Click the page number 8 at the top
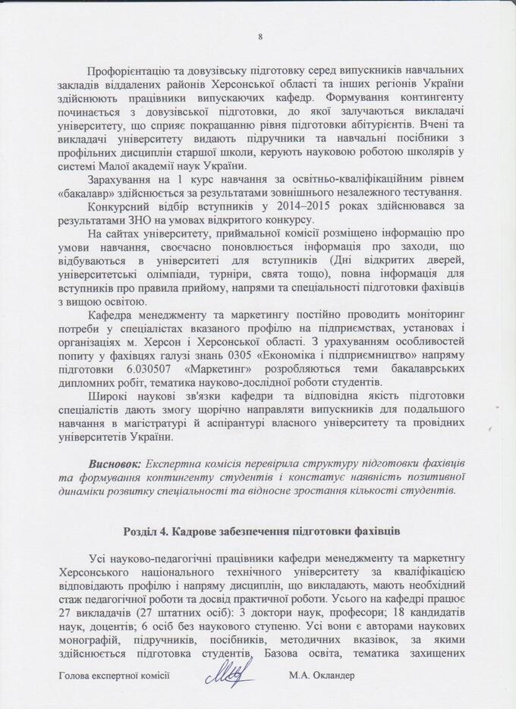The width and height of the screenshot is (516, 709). [260, 36]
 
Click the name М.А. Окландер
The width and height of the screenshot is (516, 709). [322, 674]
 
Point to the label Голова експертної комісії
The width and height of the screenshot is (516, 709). [113, 674]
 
